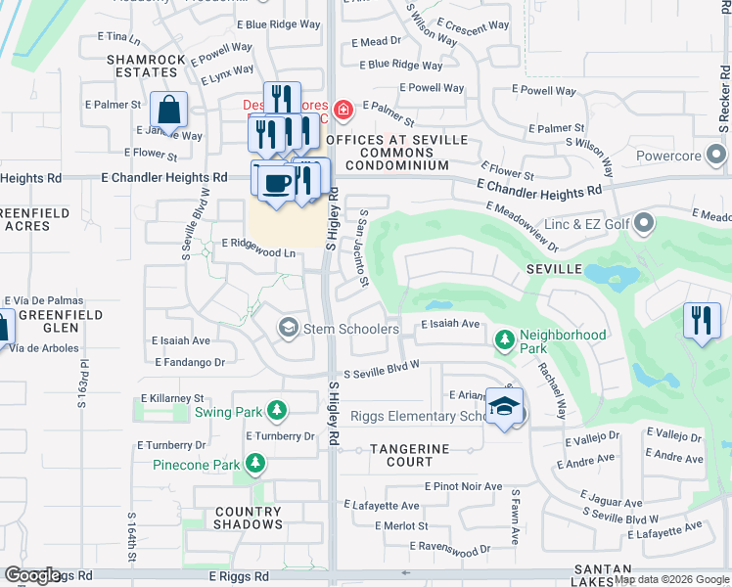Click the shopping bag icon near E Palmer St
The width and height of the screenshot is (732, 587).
point(169,112)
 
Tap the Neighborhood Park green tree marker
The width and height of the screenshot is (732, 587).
point(505,340)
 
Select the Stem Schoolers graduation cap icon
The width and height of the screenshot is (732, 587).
point(288,328)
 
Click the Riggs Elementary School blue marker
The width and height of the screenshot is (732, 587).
point(503,408)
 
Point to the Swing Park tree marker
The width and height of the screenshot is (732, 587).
point(278,411)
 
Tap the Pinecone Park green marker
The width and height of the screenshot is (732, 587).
point(255,463)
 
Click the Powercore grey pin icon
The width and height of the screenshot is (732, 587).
point(717,154)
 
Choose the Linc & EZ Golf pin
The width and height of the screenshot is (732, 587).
point(644,226)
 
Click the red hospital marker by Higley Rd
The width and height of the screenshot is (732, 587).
point(343,110)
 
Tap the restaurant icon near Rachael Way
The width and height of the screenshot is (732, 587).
point(702,322)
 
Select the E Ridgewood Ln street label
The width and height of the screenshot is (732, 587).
point(258,252)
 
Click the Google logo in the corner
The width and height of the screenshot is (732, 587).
point(33,575)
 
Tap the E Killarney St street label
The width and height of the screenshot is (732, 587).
point(172,399)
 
